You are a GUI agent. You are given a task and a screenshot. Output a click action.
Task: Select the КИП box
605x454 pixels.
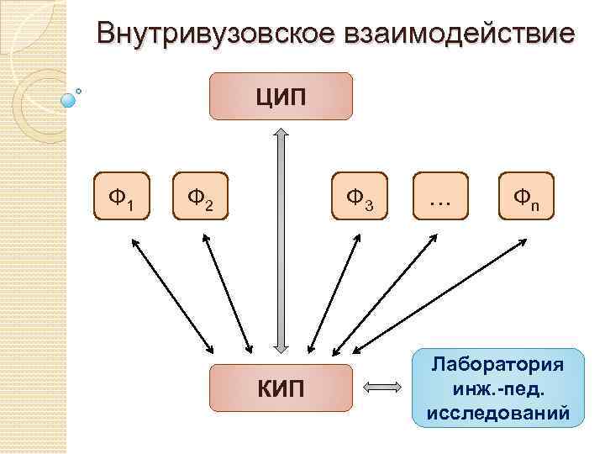click(x=281, y=388)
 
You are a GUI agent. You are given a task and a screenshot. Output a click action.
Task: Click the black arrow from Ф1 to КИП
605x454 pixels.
click(x=172, y=296)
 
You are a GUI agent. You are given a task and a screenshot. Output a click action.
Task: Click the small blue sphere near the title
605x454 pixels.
click(x=69, y=99)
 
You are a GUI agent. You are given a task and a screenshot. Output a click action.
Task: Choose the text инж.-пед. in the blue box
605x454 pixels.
click(x=497, y=390)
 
